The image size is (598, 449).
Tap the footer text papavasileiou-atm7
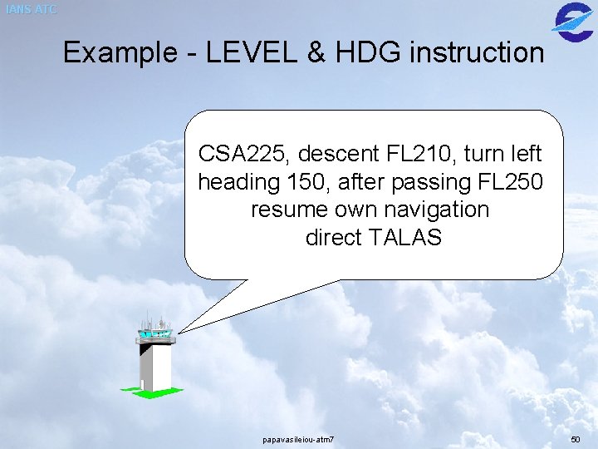click(x=298, y=438)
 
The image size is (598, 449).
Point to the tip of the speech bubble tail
click(x=179, y=333)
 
